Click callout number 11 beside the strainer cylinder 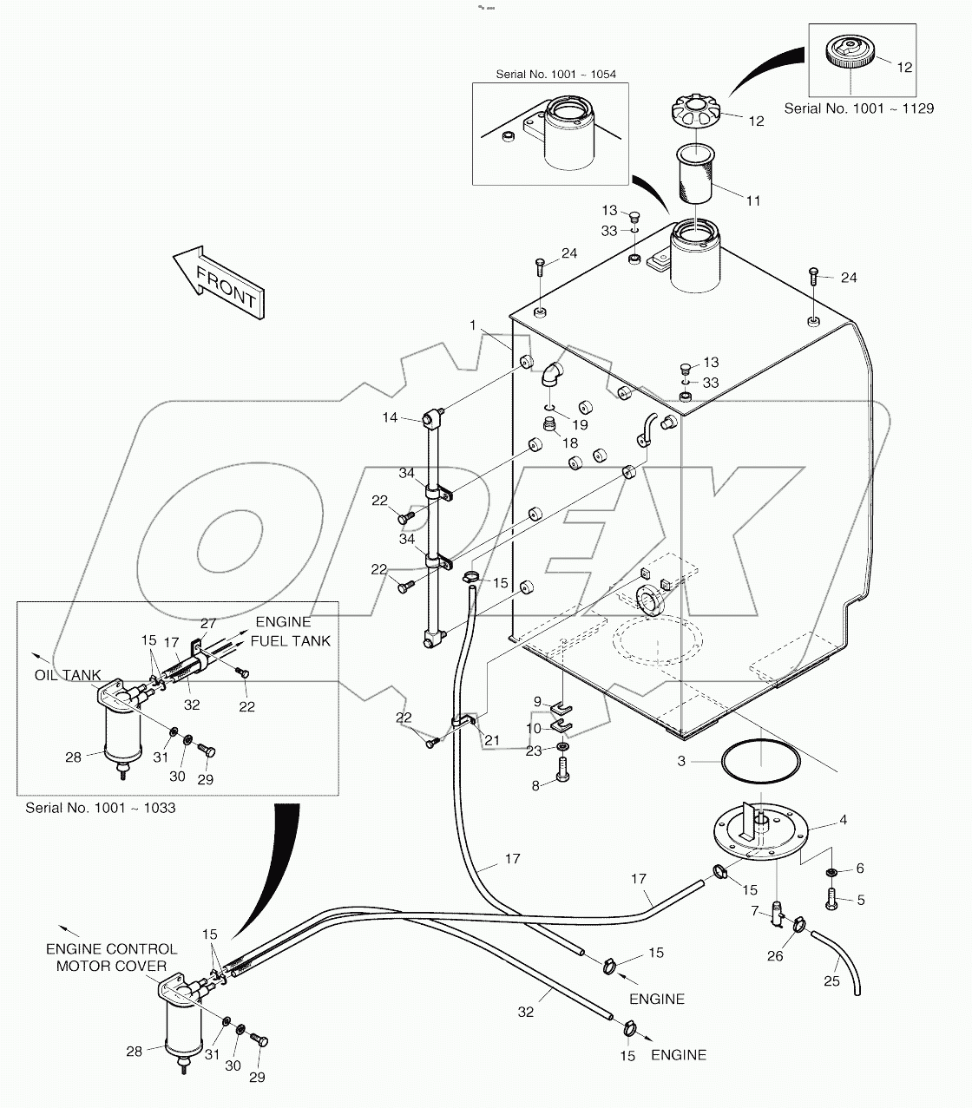[x=753, y=200]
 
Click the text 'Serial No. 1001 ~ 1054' [x=555, y=74]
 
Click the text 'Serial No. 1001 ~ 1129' [x=858, y=108]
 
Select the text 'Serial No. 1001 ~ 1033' [x=101, y=808]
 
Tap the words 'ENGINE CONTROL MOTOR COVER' [x=111, y=958]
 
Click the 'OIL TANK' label [x=69, y=675]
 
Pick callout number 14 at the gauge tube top [x=391, y=417]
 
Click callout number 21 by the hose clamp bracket [x=493, y=739]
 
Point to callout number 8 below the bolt [x=536, y=785]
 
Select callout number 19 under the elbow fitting [x=580, y=425]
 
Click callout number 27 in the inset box [x=208, y=622]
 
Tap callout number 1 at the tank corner [x=473, y=325]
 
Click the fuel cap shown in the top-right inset [x=848, y=52]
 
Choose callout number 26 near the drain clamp [x=775, y=956]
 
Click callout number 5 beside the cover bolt [x=860, y=901]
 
